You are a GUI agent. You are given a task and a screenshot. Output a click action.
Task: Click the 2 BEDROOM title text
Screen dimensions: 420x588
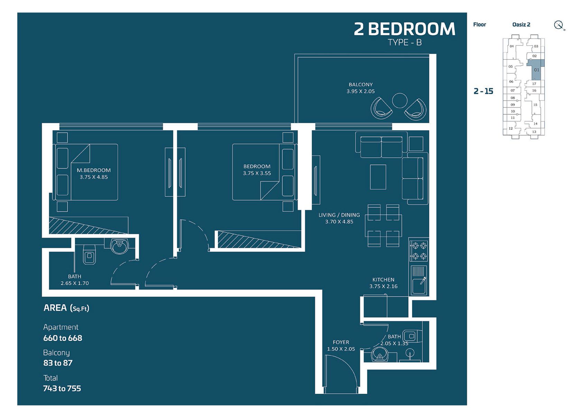click(x=404, y=29)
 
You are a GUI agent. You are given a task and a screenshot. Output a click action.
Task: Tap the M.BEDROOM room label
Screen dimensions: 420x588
click(x=93, y=170)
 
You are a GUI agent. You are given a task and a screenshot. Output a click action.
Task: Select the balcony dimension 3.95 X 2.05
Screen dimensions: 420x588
click(x=360, y=91)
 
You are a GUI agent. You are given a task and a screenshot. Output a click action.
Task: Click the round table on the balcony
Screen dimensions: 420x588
click(x=399, y=101)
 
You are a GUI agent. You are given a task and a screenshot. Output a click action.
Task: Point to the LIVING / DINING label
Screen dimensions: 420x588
click(x=339, y=215)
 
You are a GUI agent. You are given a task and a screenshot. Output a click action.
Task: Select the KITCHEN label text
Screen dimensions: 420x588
click(x=383, y=280)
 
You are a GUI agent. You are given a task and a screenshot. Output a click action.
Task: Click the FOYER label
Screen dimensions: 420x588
click(x=341, y=342)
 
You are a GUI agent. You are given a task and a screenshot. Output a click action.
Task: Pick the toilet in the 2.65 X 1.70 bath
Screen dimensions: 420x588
click(x=89, y=256)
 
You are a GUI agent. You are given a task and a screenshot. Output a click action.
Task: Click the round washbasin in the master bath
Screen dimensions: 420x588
click(x=119, y=246)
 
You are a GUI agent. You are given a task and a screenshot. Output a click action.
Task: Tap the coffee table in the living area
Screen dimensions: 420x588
click(x=378, y=176)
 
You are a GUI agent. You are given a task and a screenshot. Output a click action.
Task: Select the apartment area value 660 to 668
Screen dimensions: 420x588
click(x=63, y=338)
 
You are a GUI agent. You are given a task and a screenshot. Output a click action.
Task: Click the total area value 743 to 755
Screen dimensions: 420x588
click(x=62, y=388)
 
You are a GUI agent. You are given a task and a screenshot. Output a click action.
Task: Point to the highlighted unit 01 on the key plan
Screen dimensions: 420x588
click(x=536, y=70)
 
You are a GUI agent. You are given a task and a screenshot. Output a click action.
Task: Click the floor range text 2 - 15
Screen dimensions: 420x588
click(x=483, y=91)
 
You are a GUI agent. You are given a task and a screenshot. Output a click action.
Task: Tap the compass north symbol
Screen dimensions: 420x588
click(x=559, y=25)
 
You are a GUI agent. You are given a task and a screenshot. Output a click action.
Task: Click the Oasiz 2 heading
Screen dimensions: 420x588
click(x=521, y=25)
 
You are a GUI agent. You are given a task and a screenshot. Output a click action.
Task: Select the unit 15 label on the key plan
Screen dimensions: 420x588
click(x=535, y=104)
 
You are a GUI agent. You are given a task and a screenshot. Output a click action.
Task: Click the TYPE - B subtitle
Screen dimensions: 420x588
click(x=404, y=43)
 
